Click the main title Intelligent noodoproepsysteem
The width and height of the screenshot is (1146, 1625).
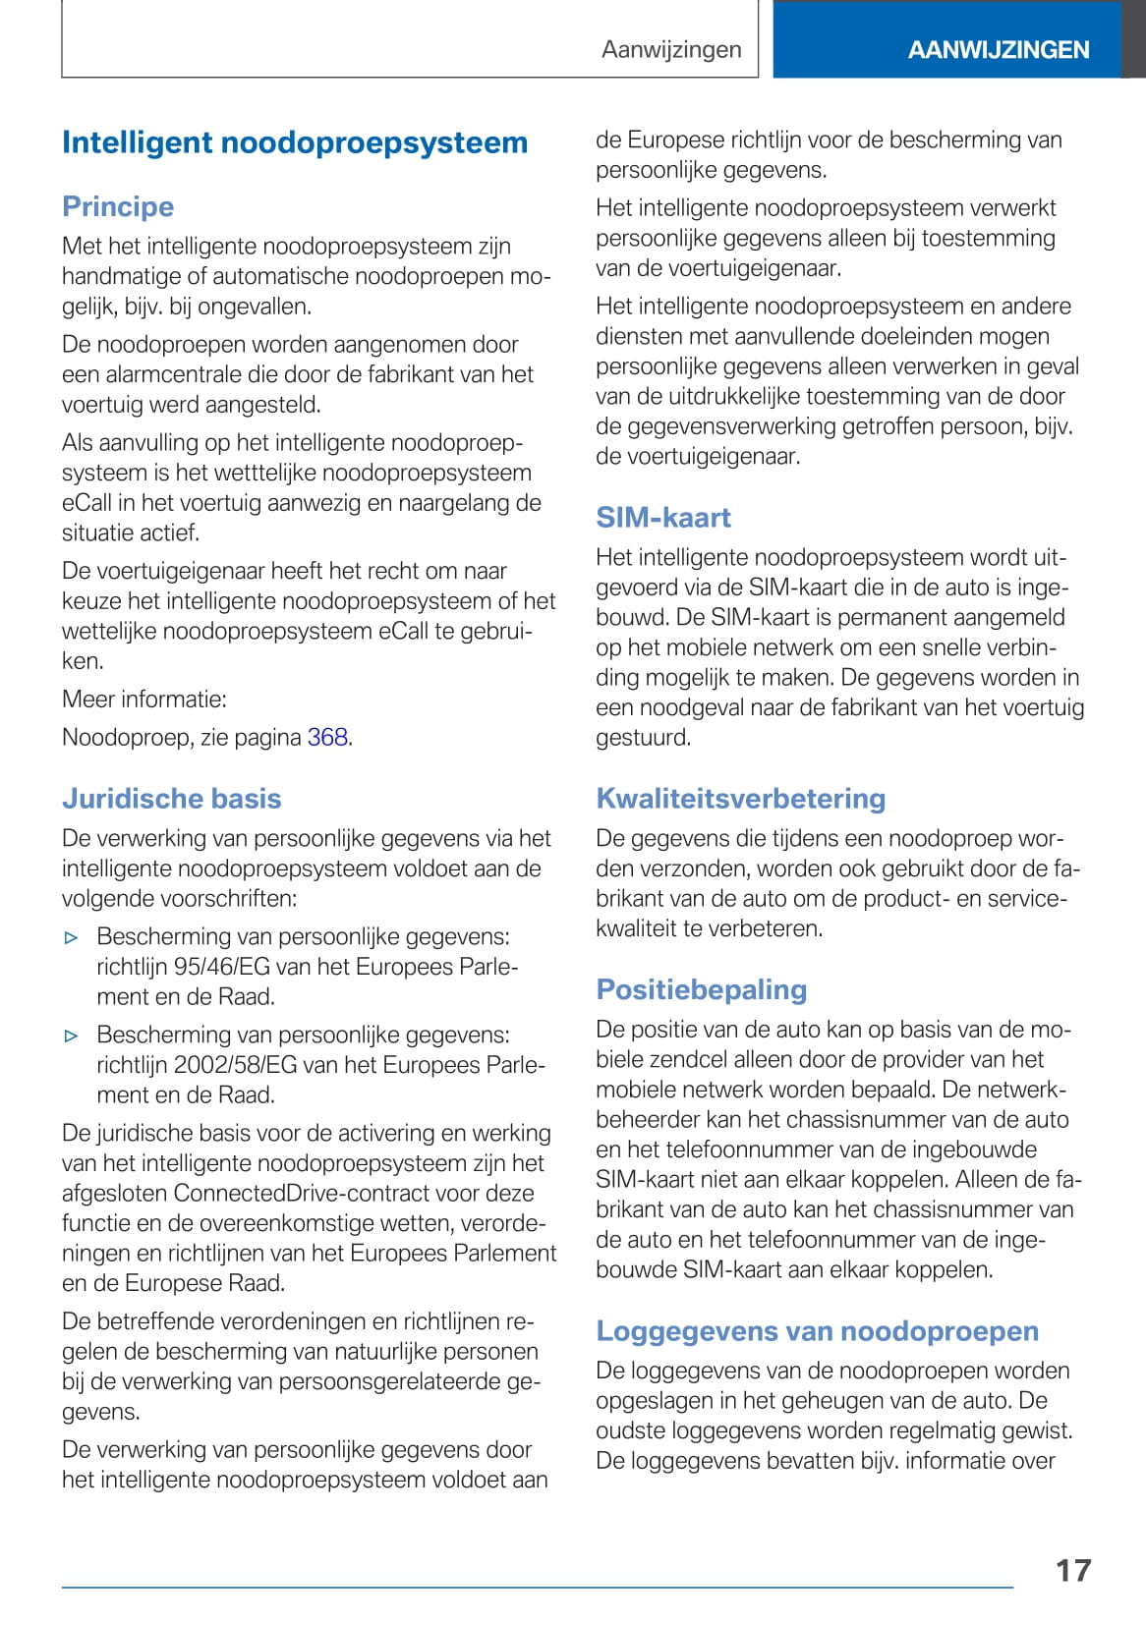pyautogui.click(x=295, y=142)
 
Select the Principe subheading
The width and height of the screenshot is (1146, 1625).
pyautogui.click(x=118, y=206)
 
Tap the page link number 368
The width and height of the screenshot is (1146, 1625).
pyautogui.click(x=327, y=737)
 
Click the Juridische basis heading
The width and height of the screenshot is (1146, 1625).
pyautogui.click(x=172, y=798)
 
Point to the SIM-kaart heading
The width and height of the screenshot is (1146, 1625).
pyautogui.click(x=663, y=518)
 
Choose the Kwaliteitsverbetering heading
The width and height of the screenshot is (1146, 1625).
pyautogui.click(x=741, y=798)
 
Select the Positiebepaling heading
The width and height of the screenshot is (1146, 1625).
pyautogui.click(x=702, y=989)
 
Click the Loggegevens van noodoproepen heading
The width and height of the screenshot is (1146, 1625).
pyautogui.click(x=818, y=1330)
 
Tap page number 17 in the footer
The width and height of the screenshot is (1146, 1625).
pyautogui.click(x=1073, y=1570)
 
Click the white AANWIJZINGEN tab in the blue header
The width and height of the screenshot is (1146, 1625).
pyautogui.click(x=999, y=50)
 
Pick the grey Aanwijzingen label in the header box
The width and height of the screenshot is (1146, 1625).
pyautogui.click(x=671, y=49)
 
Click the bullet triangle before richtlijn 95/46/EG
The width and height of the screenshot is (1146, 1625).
pyautogui.click(x=71, y=937)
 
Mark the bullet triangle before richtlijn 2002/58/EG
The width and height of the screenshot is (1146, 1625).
pyautogui.click(x=71, y=1036)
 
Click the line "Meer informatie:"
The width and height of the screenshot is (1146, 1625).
pyautogui.click(x=144, y=699)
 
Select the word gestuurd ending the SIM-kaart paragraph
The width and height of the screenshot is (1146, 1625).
pyautogui.click(x=643, y=737)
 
